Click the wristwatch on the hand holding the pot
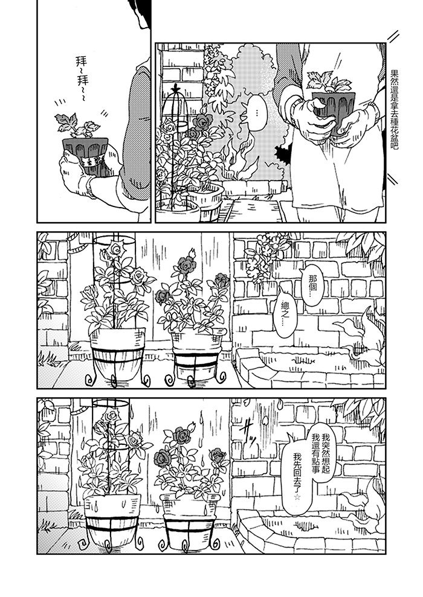click(x=91, y=188)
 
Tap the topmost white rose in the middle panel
click(x=114, y=249)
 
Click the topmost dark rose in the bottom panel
click(x=182, y=435)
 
